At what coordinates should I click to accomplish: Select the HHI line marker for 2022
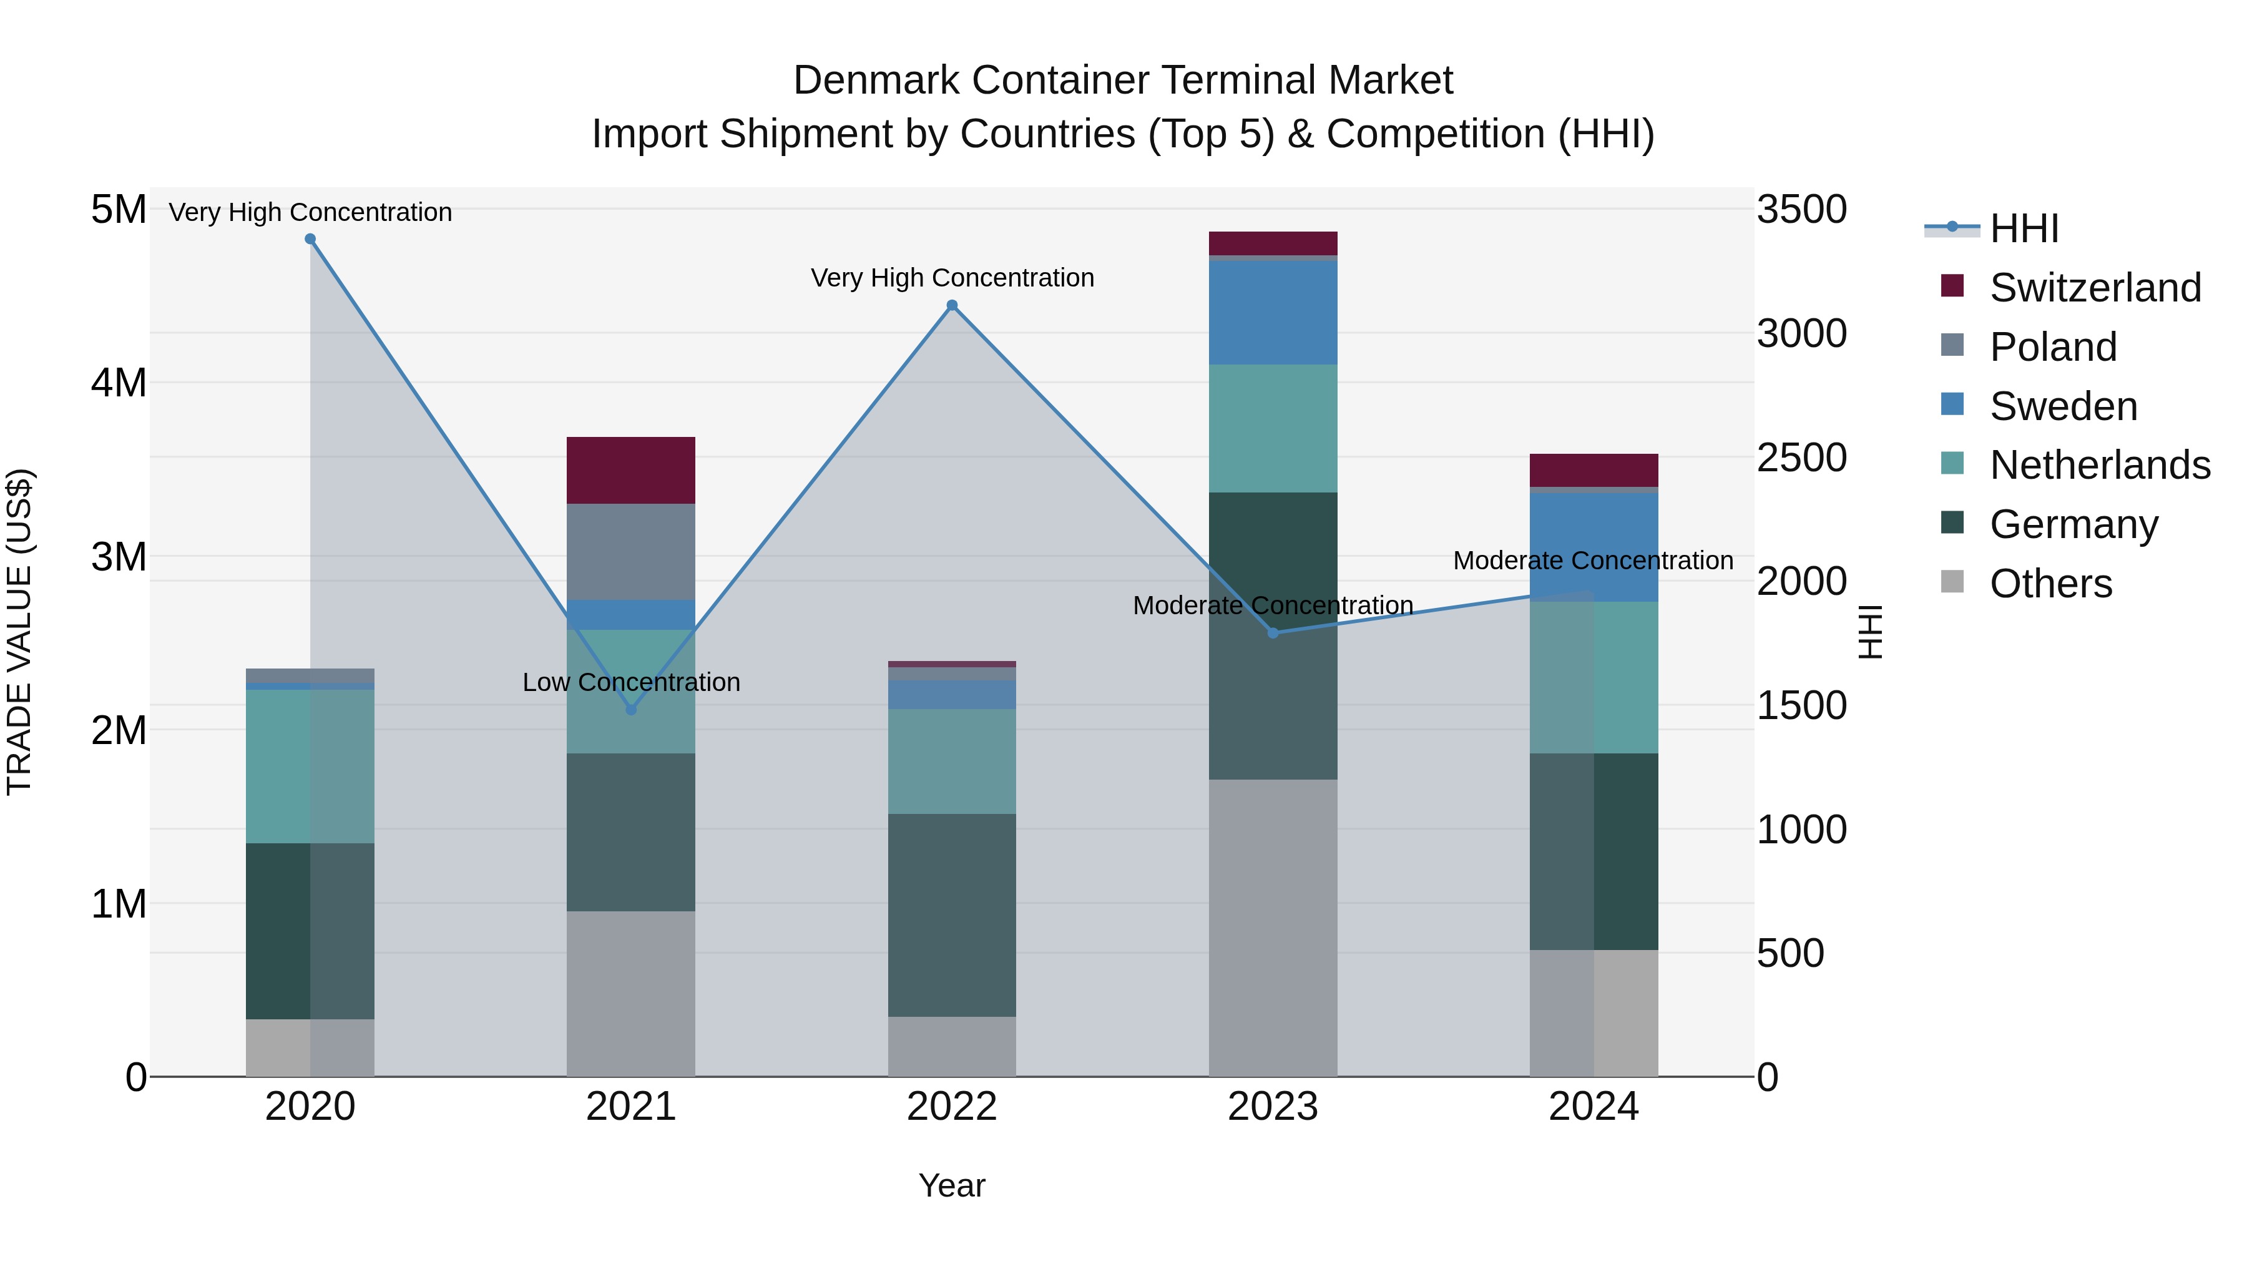coord(952,305)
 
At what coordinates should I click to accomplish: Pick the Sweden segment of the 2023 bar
coord(1273,312)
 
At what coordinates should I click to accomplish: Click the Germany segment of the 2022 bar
coord(952,915)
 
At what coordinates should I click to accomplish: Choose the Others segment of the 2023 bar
coord(1273,928)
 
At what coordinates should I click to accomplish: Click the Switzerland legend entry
coord(2094,288)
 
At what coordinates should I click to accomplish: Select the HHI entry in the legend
coord(2024,228)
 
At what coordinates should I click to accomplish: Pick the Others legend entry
coord(2050,584)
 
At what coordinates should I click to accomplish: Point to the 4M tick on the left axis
coord(119,383)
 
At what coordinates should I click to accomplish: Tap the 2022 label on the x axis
coord(952,1107)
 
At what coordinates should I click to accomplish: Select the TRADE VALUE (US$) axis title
coord(19,632)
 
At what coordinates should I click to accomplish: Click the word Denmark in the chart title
coord(877,81)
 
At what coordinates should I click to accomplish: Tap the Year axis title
coord(952,1185)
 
